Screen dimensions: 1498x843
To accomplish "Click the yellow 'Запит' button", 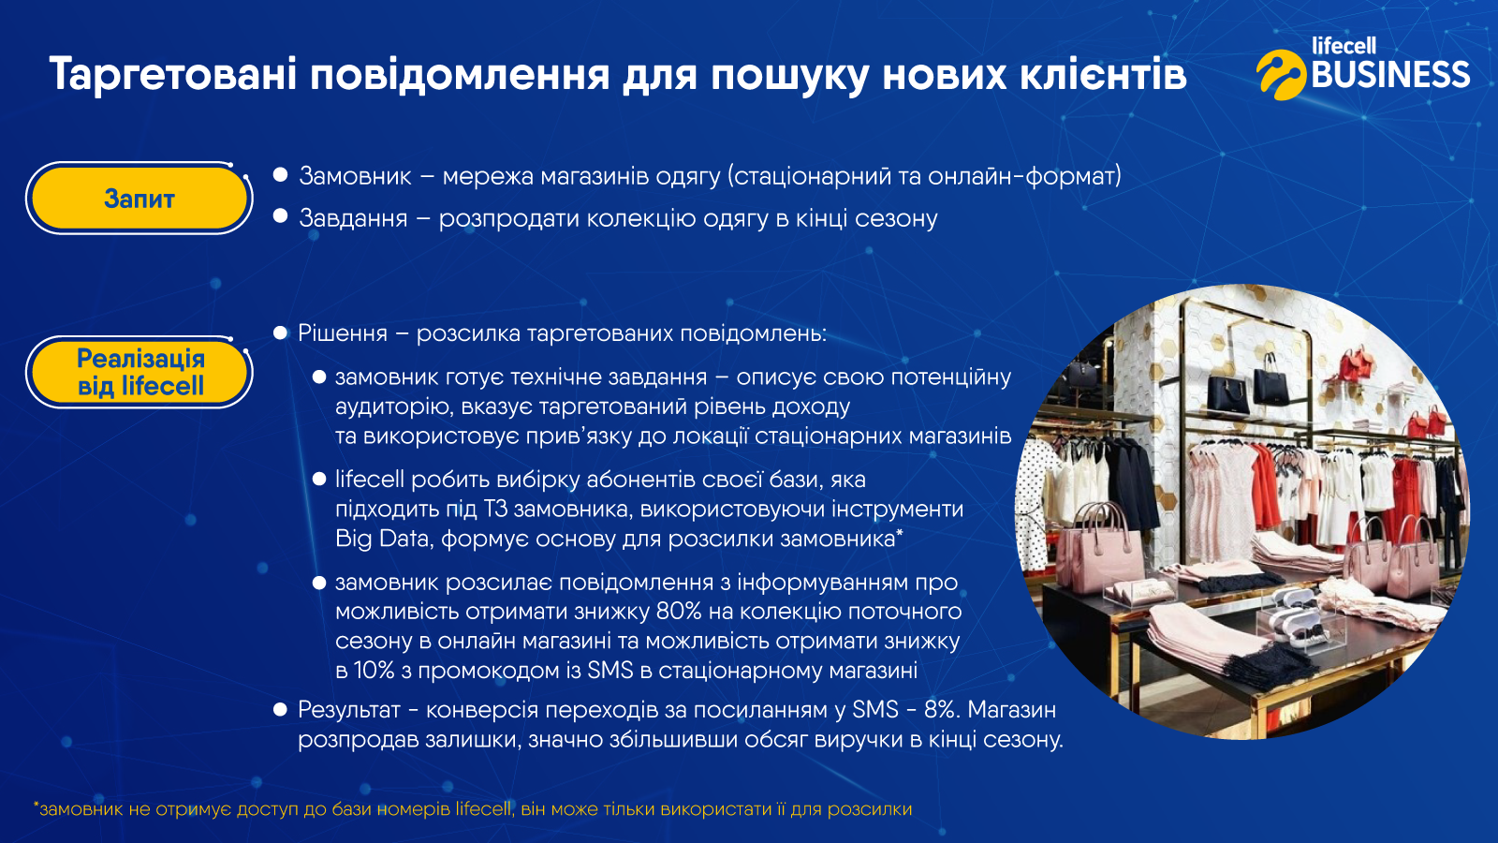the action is click(x=140, y=198).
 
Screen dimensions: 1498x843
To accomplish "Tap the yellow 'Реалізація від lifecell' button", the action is click(x=140, y=372).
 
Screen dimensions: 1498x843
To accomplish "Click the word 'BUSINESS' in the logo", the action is click(x=1391, y=74).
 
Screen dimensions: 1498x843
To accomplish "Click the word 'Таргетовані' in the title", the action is click(x=173, y=75).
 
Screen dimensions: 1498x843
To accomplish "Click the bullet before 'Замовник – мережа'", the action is click(x=280, y=175).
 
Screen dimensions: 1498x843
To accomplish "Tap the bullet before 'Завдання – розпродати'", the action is click(x=280, y=216).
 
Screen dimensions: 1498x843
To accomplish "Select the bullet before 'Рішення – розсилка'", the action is click(x=280, y=333).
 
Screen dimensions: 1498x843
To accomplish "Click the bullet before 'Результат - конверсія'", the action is click(x=280, y=709).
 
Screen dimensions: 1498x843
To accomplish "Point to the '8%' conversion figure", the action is click(x=942, y=709).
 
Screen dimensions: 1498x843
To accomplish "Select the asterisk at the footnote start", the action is click(x=37, y=806).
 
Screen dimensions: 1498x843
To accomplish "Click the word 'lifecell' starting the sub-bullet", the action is click(x=370, y=479).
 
